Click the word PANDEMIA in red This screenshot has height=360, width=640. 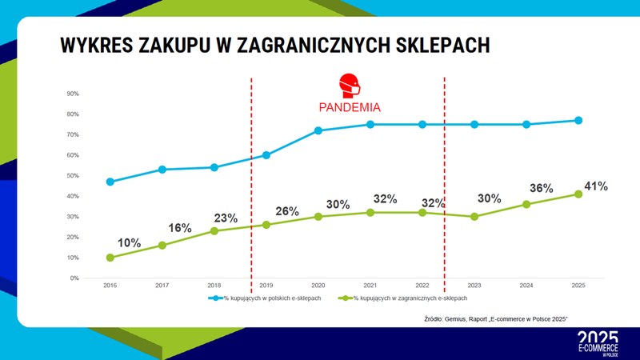[348, 106]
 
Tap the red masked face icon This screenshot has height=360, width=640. [349, 85]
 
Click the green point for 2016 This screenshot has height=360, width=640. [110, 258]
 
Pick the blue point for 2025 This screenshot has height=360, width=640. [578, 121]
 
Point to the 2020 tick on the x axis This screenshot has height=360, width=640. [318, 284]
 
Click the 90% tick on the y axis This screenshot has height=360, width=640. [73, 94]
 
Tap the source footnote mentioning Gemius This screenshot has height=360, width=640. [495, 319]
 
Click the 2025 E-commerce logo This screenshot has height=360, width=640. [598, 342]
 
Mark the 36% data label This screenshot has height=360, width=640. [542, 188]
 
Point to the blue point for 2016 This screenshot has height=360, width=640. [110, 182]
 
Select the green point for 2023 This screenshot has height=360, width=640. [474, 217]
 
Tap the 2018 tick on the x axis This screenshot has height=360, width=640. [214, 284]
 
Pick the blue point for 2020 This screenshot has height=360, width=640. [318, 130]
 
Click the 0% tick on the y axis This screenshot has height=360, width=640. [74, 278]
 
